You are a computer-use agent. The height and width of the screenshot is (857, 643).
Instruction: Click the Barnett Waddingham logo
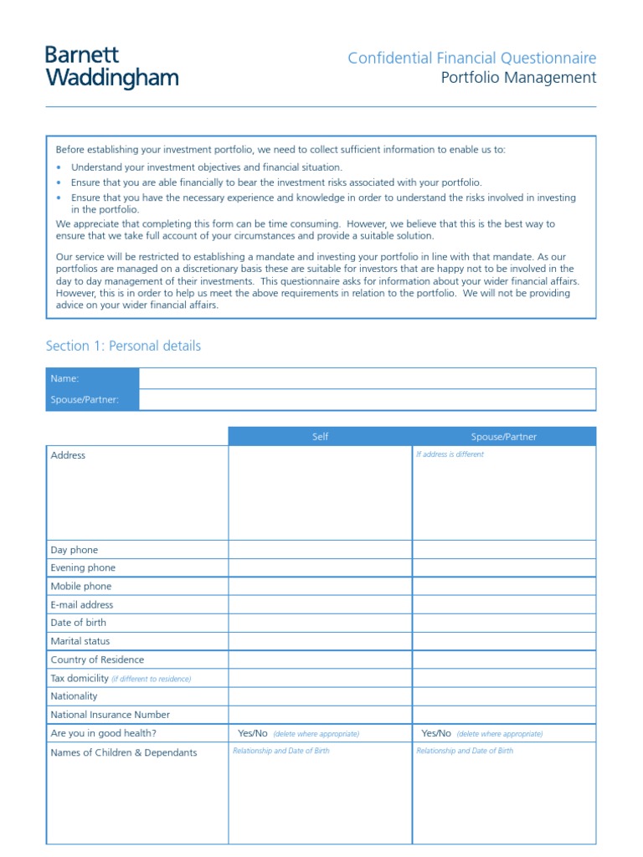click(111, 68)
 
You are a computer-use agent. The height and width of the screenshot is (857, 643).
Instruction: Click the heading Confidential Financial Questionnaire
click(471, 58)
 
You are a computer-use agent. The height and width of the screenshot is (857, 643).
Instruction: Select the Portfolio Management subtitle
click(518, 78)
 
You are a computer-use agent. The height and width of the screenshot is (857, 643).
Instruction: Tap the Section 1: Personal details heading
click(123, 346)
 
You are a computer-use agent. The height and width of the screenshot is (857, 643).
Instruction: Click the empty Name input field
click(367, 378)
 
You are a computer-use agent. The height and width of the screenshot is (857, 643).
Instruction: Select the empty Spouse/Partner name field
click(367, 399)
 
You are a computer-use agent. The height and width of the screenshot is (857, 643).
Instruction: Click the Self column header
click(320, 437)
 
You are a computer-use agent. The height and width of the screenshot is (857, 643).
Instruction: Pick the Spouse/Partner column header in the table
click(504, 437)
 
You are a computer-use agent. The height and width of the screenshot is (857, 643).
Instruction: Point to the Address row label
click(68, 455)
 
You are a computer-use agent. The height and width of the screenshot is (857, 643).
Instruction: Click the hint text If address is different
click(450, 454)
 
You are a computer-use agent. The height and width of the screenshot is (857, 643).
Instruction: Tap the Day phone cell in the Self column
click(320, 550)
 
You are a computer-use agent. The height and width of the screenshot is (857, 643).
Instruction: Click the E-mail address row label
click(82, 604)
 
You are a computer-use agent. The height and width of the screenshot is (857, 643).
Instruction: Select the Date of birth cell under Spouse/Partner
click(504, 623)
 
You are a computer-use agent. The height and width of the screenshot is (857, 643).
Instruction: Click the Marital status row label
click(80, 641)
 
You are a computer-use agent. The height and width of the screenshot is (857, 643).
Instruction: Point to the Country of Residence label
click(97, 659)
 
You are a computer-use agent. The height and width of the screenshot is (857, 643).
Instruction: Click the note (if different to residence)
click(152, 679)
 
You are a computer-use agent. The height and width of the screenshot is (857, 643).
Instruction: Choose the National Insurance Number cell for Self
click(320, 715)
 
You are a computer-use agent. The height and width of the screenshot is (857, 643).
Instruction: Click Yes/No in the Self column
click(253, 733)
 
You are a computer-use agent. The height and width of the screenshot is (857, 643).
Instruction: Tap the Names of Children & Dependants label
click(124, 752)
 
